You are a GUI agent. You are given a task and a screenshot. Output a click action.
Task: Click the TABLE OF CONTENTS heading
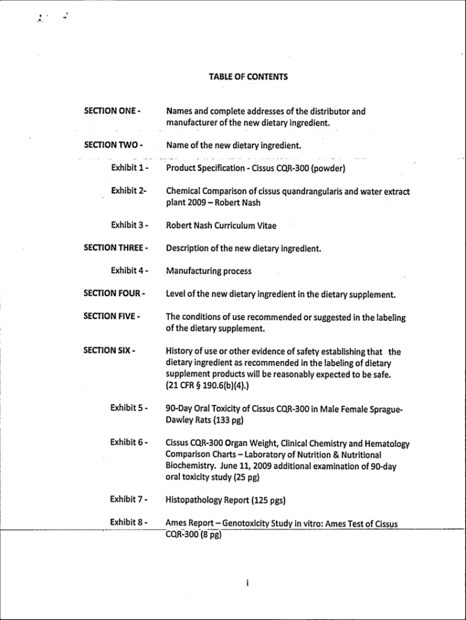click(248, 77)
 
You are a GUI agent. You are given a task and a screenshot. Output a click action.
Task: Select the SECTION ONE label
click(113, 111)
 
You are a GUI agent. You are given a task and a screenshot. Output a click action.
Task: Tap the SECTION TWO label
click(113, 145)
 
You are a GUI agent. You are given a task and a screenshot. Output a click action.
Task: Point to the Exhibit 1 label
click(130, 168)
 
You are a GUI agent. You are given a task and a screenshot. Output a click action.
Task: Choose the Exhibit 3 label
click(130, 225)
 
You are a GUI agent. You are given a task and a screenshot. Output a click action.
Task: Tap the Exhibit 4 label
click(130, 271)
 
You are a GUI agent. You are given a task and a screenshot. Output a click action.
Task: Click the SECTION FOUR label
click(114, 294)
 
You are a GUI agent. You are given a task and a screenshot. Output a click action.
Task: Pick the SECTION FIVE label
click(113, 316)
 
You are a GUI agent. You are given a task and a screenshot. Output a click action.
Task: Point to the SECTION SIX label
click(110, 351)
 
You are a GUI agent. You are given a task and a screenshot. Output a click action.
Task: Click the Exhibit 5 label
click(130, 408)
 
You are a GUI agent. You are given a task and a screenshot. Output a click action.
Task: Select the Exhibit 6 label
click(130, 443)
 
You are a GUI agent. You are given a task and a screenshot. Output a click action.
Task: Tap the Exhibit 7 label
click(130, 500)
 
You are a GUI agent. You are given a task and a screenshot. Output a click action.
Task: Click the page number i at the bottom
click(248, 583)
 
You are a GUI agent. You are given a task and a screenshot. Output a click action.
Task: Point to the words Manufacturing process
click(209, 271)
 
